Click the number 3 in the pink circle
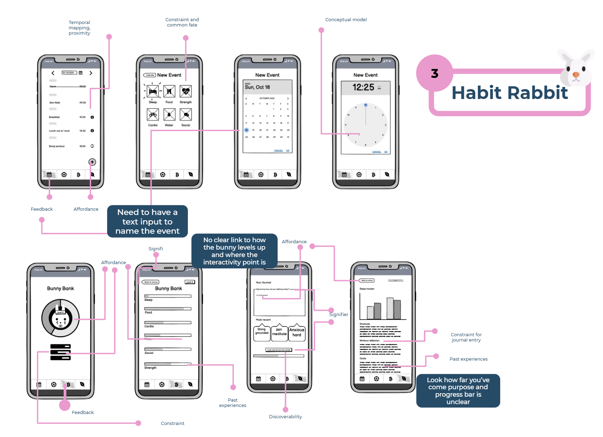point(434,74)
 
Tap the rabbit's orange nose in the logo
point(576,75)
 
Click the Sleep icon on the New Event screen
point(153,92)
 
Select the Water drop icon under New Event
point(169,115)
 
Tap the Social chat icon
point(186,115)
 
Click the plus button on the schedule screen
point(92,162)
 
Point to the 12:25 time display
point(363,87)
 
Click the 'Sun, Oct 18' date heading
point(257,87)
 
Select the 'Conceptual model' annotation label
point(346,20)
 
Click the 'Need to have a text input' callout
point(147,221)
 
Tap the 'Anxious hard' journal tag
point(297,333)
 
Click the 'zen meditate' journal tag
point(279,332)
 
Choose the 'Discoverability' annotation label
point(285,417)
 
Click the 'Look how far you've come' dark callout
point(458,391)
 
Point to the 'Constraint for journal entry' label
point(466,337)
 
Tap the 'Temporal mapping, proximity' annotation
point(79,28)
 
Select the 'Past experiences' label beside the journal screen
point(468,359)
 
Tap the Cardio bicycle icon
point(153,115)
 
